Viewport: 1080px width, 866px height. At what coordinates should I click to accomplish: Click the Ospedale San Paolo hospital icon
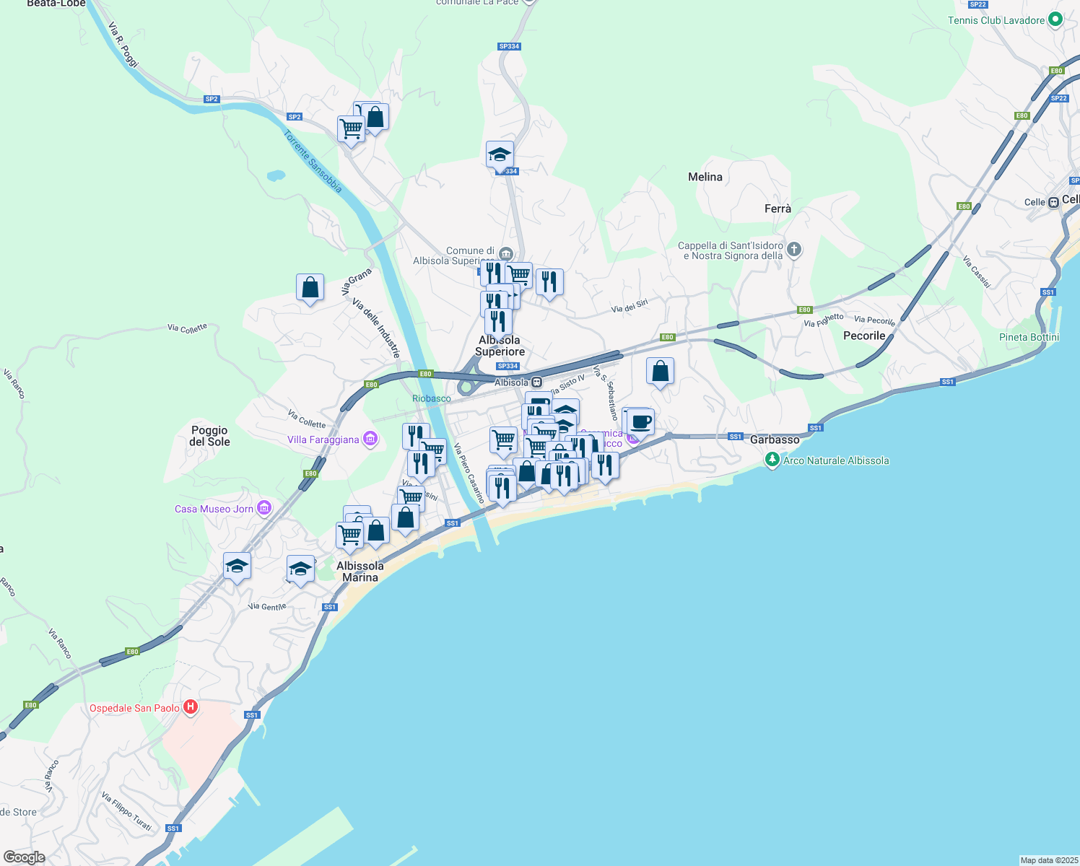tap(191, 707)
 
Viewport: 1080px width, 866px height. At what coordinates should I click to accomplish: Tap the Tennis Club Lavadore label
tap(996, 20)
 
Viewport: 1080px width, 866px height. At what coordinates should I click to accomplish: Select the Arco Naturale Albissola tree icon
tap(772, 460)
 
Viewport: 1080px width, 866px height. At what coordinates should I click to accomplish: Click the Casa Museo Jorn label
tap(214, 509)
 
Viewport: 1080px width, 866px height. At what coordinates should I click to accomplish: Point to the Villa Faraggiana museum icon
tap(370, 439)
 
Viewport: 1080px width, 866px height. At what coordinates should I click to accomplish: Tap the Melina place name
tap(705, 177)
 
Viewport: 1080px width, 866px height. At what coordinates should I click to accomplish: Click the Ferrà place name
tap(778, 209)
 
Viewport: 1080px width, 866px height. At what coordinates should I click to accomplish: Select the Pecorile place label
tap(864, 336)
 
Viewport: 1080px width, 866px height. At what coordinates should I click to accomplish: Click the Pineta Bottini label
tap(1029, 337)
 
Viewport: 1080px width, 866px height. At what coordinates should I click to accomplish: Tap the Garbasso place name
tap(775, 439)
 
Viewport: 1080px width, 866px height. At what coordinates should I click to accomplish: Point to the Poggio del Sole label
tap(209, 436)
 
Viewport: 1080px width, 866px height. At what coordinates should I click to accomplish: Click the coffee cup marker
tap(640, 421)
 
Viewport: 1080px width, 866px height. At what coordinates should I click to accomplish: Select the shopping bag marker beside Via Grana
tap(310, 287)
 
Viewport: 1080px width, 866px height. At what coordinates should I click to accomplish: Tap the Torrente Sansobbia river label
tap(313, 161)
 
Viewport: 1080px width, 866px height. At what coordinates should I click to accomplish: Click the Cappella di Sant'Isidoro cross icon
tap(794, 250)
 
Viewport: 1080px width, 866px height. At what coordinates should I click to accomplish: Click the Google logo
tap(25, 857)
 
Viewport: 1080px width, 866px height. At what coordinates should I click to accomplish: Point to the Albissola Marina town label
tap(360, 572)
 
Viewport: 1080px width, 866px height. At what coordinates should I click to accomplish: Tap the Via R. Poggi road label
tap(123, 45)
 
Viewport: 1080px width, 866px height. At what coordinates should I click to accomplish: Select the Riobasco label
tap(431, 398)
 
